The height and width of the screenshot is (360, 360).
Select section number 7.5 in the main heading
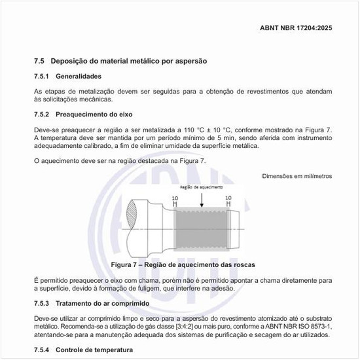tap(39, 61)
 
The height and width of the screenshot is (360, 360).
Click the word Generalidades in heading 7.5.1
tap(82, 77)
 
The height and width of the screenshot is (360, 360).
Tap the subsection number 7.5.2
tap(43, 114)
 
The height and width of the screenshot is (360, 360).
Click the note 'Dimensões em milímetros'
tap(297, 175)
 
